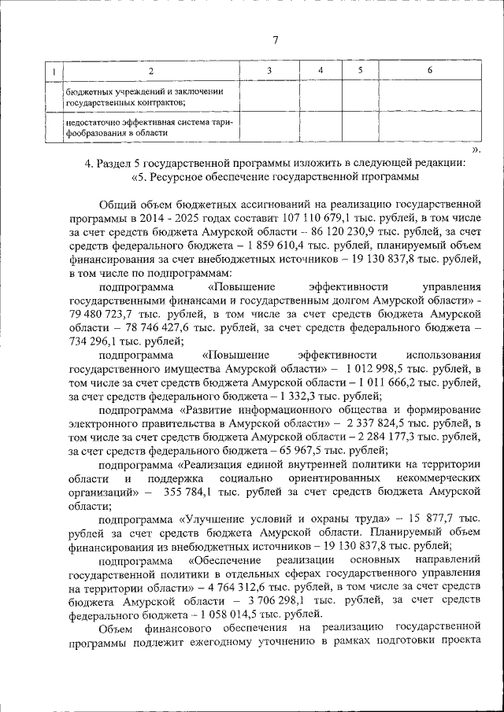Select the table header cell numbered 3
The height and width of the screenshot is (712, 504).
[269, 72]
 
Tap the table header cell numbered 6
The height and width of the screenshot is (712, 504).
[429, 72]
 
